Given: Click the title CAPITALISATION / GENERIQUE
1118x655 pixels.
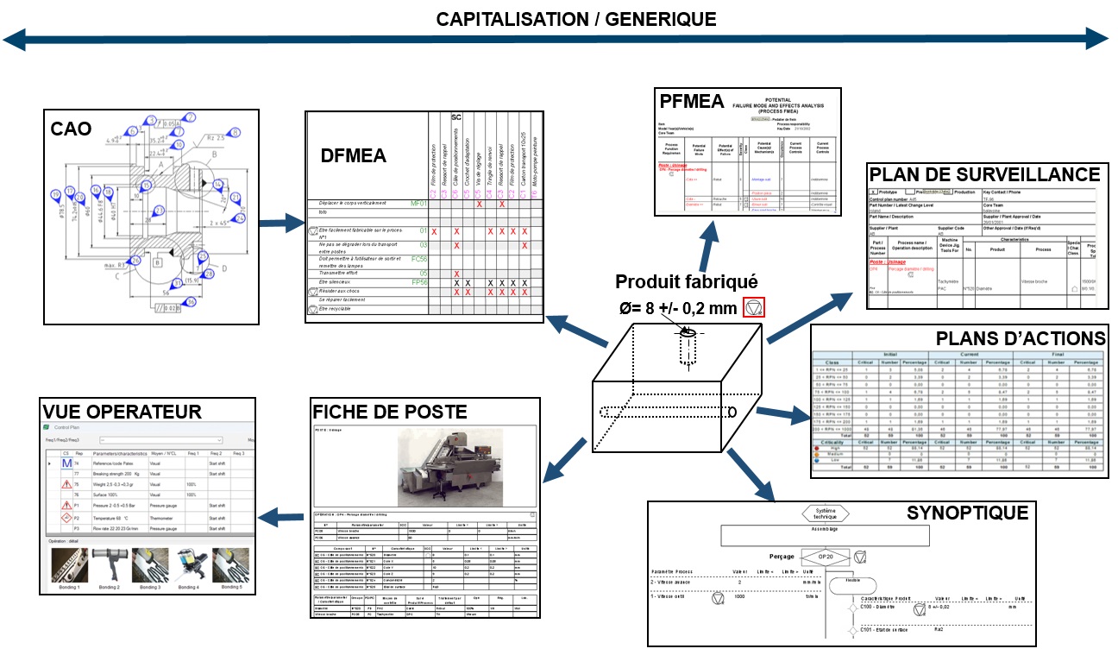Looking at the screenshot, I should [575, 19].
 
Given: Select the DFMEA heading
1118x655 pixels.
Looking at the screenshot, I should [355, 156].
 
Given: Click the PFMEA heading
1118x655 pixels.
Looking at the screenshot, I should [692, 101].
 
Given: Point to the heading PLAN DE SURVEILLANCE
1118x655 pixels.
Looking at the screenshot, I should [983, 174].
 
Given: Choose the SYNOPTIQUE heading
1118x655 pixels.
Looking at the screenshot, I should [967, 513].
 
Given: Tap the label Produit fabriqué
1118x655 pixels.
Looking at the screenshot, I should [686, 281].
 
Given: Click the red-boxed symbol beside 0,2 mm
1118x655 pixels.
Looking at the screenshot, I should [754, 308].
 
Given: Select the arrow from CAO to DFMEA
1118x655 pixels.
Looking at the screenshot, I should [281, 227].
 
